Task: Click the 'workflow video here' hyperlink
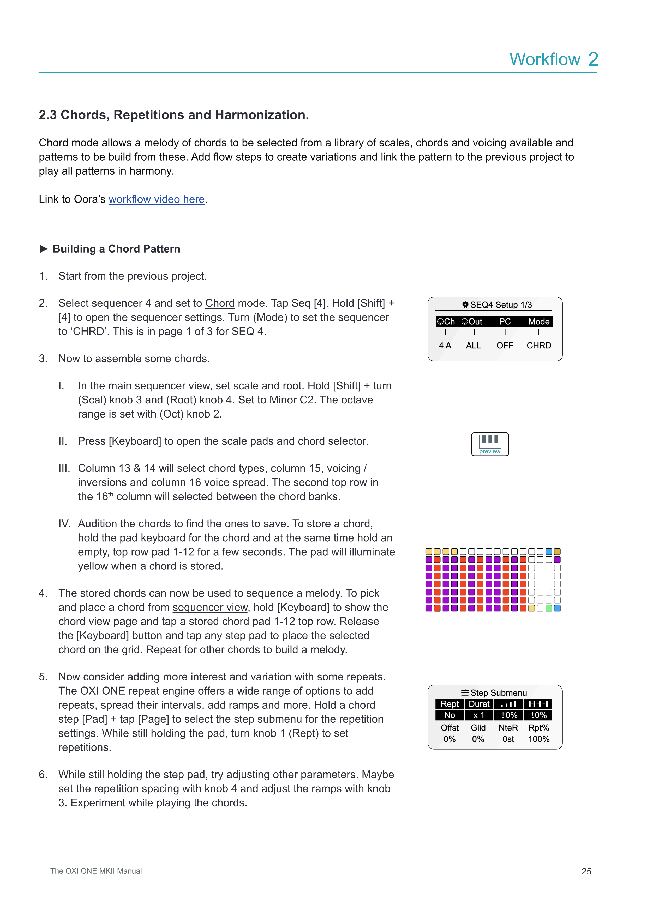(x=157, y=199)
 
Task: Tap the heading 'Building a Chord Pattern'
(x=116, y=249)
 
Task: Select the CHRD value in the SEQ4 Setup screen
(x=539, y=346)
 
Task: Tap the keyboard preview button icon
(x=490, y=444)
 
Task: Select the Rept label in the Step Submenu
(x=450, y=704)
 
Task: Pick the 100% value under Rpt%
(x=539, y=739)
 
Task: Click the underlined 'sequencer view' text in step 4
(x=210, y=608)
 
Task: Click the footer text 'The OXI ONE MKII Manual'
(x=96, y=871)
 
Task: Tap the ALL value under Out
(x=473, y=346)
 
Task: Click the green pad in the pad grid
(x=549, y=608)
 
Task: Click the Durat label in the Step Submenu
(x=479, y=704)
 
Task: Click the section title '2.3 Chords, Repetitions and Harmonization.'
(x=174, y=115)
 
